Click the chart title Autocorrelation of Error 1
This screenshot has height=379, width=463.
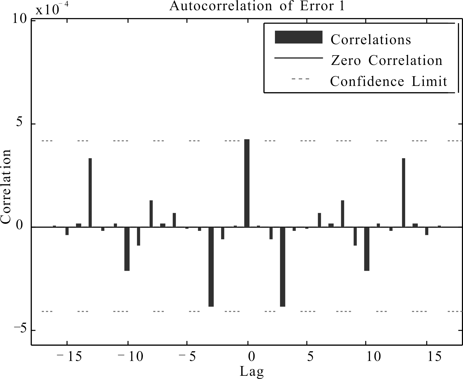pyautogui.click(x=257, y=6)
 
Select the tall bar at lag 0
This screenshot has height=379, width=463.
pyautogui.click(x=247, y=183)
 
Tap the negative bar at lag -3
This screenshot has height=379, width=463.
pyautogui.click(x=211, y=267)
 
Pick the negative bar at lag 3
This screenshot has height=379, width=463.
pyautogui.click(x=282, y=267)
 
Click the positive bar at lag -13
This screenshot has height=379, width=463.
pyautogui.click(x=90, y=193)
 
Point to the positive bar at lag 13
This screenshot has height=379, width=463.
pyautogui.click(x=403, y=193)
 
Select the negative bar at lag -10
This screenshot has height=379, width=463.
pyautogui.click(x=127, y=249)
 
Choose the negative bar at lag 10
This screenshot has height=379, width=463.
pyautogui.click(x=367, y=249)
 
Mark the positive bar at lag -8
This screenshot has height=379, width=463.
pyautogui.click(x=151, y=214)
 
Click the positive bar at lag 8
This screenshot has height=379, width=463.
pyautogui.click(x=342, y=214)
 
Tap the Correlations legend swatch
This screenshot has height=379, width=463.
pyautogui.click(x=298, y=37)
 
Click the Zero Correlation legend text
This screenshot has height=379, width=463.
pyautogui.click(x=387, y=61)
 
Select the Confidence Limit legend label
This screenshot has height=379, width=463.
pyautogui.click(x=388, y=81)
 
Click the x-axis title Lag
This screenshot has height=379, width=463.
pyautogui.click(x=252, y=371)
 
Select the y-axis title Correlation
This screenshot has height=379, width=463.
pyautogui.click(x=6, y=186)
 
